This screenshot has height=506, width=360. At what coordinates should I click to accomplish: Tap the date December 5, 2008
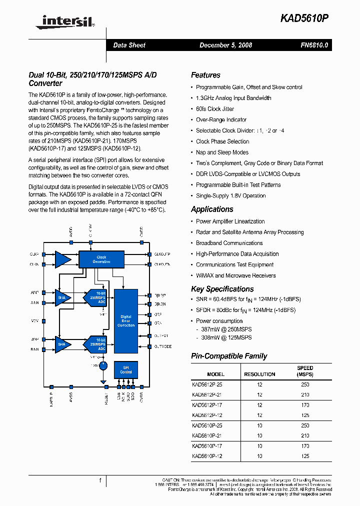(225, 45)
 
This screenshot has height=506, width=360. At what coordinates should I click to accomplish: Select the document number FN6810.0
(314, 45)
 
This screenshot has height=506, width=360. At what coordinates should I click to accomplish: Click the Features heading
(205, 75)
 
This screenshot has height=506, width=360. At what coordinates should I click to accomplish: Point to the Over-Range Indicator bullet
(221, 119)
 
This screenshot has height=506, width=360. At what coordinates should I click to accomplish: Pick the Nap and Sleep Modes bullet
(222, 152)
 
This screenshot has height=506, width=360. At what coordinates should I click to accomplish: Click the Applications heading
(212, 209)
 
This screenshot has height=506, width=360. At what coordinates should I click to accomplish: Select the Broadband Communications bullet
(229, 243)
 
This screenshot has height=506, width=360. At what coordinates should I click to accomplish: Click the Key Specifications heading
(222, 289)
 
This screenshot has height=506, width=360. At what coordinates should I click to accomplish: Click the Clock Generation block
(101, 259)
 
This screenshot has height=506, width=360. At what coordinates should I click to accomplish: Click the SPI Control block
(126, 370)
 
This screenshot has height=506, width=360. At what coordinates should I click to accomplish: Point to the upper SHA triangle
(62, 297)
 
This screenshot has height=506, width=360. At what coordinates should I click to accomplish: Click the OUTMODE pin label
(163, 346)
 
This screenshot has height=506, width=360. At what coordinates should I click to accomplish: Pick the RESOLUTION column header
(259, 374)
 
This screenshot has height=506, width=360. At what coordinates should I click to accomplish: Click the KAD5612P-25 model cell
(207, 384)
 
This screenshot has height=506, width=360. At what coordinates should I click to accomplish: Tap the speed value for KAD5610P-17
(305, 445)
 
